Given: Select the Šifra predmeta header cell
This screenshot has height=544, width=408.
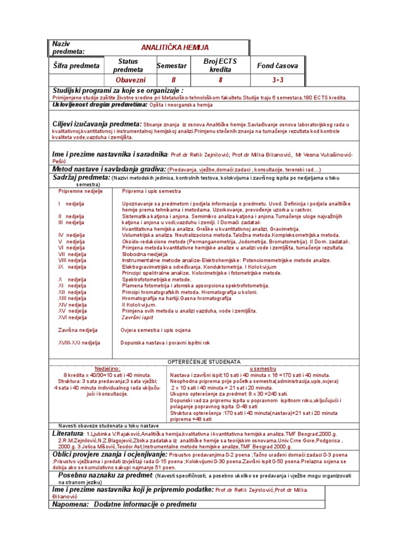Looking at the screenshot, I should click(x=76, y=66).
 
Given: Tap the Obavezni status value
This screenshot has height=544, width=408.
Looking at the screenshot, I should click(x=128, y=80).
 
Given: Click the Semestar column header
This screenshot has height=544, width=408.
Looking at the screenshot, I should click(x=171, y=66).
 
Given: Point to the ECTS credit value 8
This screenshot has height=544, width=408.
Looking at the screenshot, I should click(x=220, y=80).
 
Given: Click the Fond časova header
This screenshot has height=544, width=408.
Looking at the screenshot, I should click(x=277, y=66).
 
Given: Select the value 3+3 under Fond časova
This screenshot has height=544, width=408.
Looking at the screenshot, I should click(x=278, y=80).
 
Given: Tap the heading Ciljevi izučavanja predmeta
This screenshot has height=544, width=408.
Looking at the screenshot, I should click(x=96, y=124).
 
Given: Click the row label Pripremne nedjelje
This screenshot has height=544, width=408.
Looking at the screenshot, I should click(x=81, y=191).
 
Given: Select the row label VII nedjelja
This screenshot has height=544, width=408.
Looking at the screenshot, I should click(x=72, y=254).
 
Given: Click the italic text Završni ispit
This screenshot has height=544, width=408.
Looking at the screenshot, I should click(x=137, y=317).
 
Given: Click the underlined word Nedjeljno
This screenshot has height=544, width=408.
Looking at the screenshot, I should click(x=108, y=368).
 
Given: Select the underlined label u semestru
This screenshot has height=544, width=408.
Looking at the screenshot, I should click(x=263, y=368).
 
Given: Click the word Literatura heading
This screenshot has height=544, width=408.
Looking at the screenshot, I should click(x=72, y=434).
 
